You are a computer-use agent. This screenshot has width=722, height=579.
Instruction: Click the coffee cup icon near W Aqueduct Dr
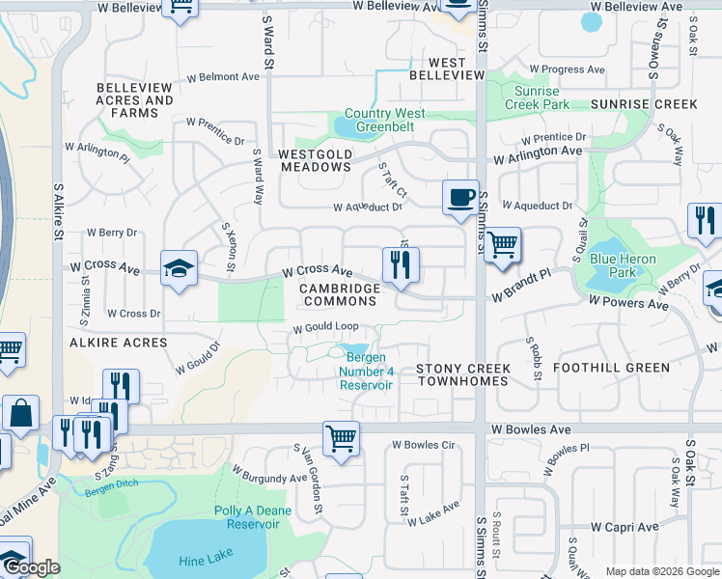[x=460, y=197]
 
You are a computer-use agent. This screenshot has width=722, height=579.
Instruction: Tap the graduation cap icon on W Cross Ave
[x=179, y=269]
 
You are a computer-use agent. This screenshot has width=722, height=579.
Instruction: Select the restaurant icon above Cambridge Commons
[x=400, y=264]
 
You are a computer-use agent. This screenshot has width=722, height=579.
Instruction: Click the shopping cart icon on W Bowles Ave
[x=341, y=438]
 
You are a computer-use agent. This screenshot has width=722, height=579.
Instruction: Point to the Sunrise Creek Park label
[x=537, y=96]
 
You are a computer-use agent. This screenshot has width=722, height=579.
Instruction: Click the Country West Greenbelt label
[x=384, y=120]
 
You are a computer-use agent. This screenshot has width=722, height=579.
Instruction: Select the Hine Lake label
[x=206, y=561]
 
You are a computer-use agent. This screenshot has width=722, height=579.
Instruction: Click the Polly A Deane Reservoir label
[x=246, y=517]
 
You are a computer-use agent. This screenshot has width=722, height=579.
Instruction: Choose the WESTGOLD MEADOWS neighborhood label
[x=316, y=160]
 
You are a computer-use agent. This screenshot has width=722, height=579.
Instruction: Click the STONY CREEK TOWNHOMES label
[x=462, y=374]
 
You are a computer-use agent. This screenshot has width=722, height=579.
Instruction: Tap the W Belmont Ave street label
[x=223, y=76]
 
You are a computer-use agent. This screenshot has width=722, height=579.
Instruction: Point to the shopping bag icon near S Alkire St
[x=20, y=413]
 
